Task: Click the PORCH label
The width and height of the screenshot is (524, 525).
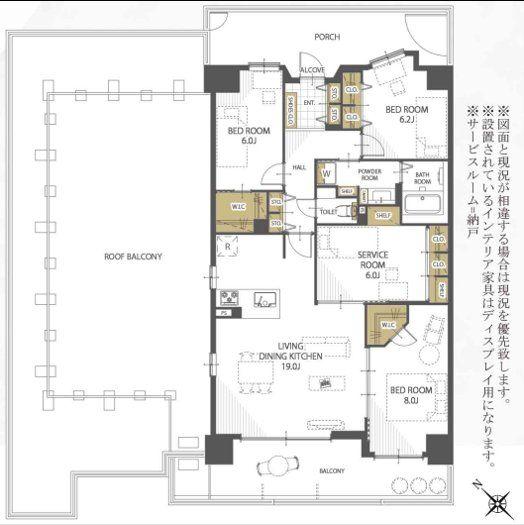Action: tap(327, 37)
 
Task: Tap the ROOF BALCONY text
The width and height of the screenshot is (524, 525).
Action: tap(133, 256)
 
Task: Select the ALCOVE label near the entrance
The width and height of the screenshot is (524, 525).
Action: tap(312, 69)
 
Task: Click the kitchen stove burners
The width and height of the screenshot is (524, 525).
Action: tap(227, 299)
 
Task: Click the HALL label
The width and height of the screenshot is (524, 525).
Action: tap(299, 167)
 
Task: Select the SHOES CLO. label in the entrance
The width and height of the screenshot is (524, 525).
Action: tap(291, 103)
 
